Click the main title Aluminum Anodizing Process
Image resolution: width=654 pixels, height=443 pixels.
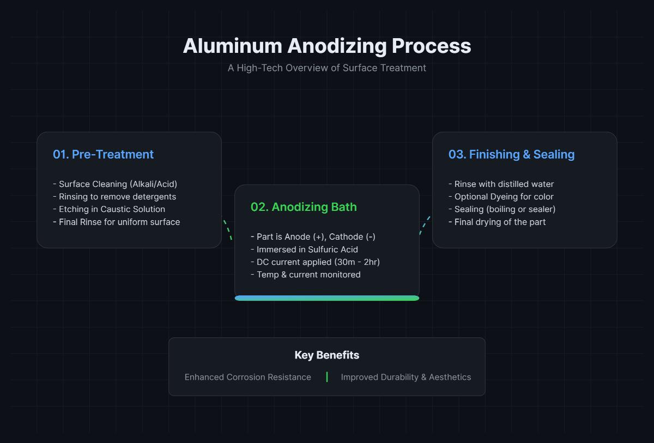tap(327, 46)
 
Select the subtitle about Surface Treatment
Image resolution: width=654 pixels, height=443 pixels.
tap(327, 68)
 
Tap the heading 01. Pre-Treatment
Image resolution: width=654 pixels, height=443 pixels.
tap(103, 154)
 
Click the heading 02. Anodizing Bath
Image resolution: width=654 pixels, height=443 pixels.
tap(304, 207)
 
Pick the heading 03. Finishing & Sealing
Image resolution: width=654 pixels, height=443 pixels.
tap(511, 154)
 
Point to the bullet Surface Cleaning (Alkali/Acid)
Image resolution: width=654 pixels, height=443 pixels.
tap(115, 184)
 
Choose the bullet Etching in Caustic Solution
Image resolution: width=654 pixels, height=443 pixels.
tap(109, 209)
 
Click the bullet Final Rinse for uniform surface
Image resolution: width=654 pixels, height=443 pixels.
tap(116, 222)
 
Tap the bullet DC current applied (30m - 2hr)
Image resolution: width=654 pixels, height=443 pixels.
tap(315, 262)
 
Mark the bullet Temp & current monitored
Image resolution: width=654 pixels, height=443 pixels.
tap(305, 275)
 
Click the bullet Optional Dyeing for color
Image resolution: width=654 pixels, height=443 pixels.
tap(501, 197)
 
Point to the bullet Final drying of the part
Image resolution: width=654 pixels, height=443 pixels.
tap(497, 222)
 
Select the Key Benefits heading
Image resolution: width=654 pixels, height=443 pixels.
tap(327, 355)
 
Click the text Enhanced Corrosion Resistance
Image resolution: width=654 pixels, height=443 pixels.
tap(248, 377)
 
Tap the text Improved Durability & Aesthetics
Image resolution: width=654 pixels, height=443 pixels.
tap(406, 377)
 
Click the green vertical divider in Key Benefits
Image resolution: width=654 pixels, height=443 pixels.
tap(327, 377)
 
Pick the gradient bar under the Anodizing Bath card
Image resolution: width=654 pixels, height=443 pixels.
tap(327, 298)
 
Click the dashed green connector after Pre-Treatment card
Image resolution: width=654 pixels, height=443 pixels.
tap(228, 230)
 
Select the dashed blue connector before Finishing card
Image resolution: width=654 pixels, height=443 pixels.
tap(425, 225)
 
